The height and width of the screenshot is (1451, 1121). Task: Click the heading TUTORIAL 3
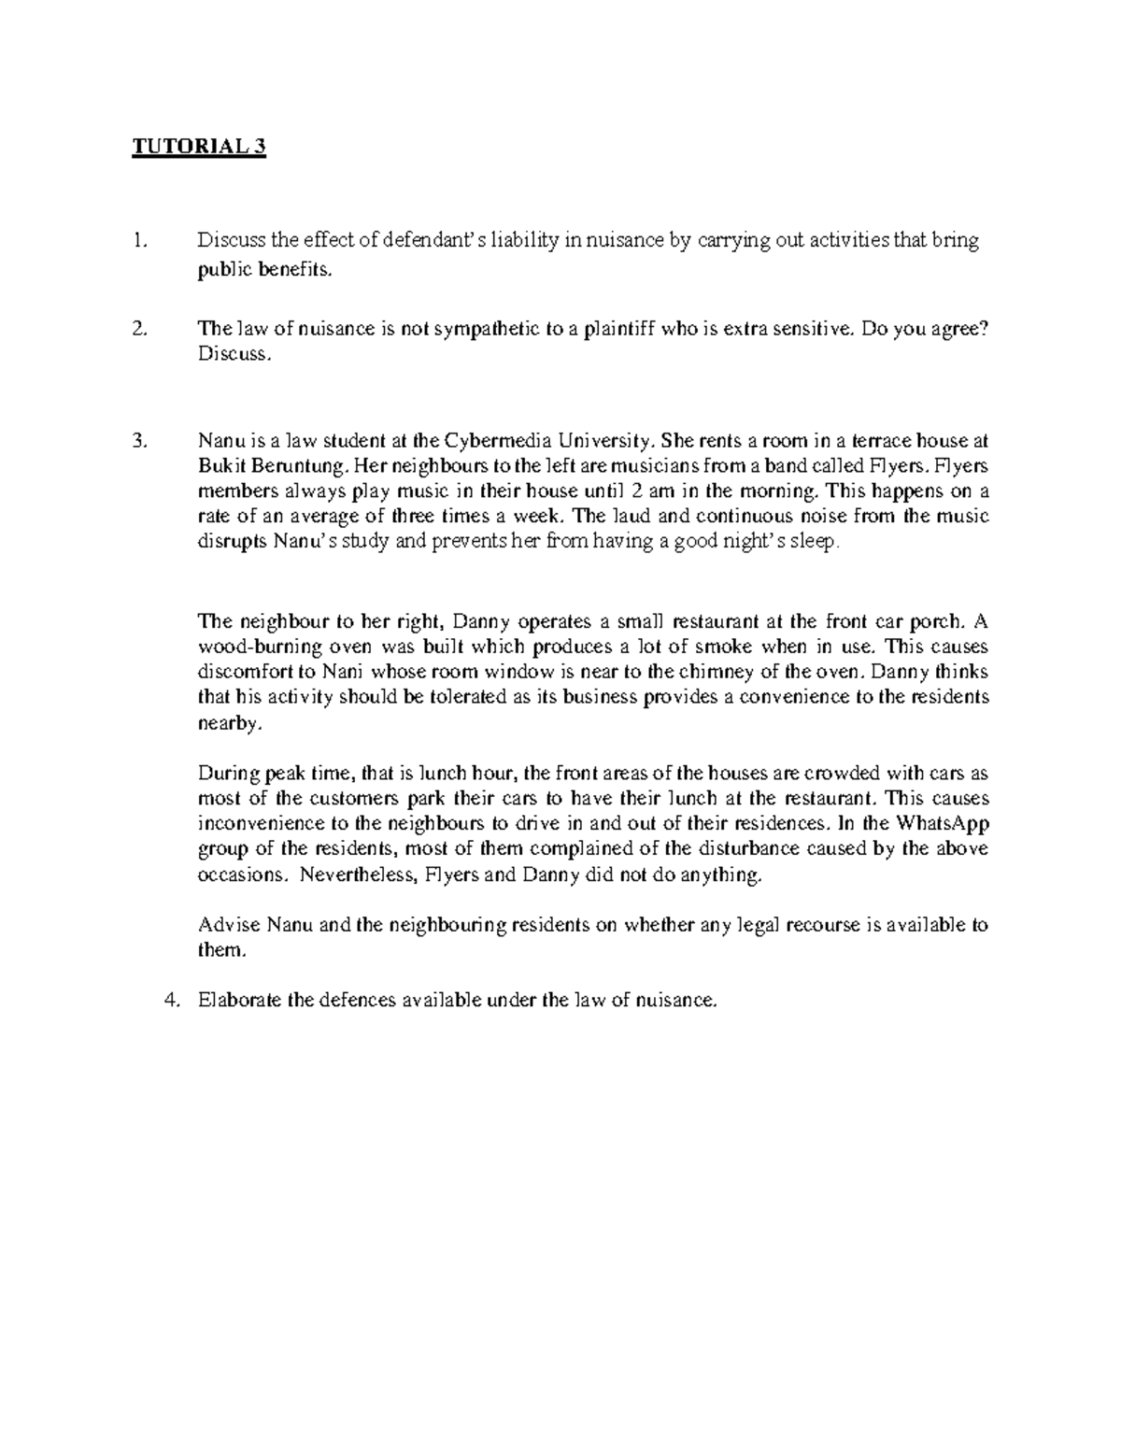pyautogui.click(x=199, y=148)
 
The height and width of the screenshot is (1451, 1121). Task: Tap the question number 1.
pyautogui.click(x=138, y=241)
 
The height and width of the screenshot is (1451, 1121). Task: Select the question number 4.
pyautogui.click(x=170, y=1000)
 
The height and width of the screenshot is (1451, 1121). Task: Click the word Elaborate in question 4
pyautogui.click(x=238, y=1000)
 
